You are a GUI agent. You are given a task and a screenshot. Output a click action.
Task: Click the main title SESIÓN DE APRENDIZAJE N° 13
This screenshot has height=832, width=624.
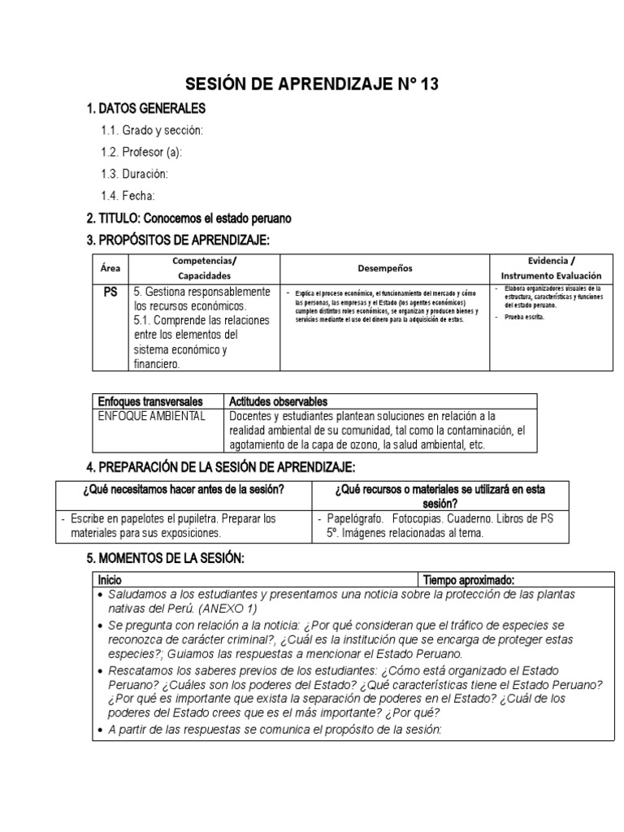coord(312,84)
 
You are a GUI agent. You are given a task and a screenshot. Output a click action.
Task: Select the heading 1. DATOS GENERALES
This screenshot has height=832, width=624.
coord(146,108)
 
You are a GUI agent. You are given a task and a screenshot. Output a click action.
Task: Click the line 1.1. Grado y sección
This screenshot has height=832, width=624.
coord(152,130)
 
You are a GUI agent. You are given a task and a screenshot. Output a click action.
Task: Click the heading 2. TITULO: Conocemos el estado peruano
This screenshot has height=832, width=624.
coord(188,219)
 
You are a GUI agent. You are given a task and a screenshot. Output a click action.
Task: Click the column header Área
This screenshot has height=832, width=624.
coord(109,267)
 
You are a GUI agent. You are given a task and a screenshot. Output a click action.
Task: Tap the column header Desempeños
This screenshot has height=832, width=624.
coord(385,267)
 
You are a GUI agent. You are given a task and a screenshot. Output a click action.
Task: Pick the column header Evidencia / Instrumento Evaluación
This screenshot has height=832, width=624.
coord(551,267)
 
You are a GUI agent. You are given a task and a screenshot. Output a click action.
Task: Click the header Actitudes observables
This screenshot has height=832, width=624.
coord(279,401)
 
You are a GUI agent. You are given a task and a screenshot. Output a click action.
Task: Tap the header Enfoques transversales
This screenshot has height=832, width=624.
coord(149,401)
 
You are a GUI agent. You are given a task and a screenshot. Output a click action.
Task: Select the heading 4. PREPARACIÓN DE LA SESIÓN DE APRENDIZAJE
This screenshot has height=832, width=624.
coord(220,467)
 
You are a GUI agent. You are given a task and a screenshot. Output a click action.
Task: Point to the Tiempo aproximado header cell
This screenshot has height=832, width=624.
coord(467,580)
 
